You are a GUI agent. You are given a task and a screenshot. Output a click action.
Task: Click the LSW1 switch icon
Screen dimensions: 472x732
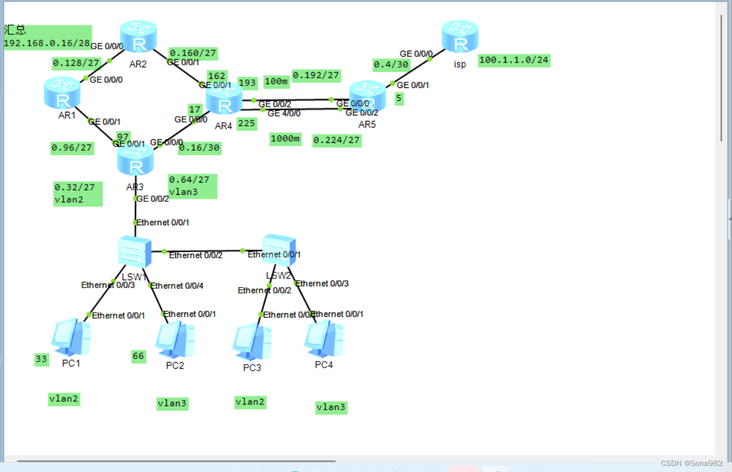tap(134, 251)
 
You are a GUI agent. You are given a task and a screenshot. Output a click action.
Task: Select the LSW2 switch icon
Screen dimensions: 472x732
tap(279, 250)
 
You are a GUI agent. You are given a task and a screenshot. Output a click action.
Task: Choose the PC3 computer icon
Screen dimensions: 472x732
tap(252, 341)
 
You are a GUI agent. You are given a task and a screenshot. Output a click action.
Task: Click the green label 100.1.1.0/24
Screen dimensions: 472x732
tap(514, 60)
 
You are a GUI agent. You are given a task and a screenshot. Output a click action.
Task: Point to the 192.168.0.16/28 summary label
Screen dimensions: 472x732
tap(47, 43)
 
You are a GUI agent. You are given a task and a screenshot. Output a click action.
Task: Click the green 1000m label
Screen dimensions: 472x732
tap(285, 139)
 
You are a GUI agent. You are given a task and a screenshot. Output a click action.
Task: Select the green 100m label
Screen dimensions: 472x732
tap(276, 82)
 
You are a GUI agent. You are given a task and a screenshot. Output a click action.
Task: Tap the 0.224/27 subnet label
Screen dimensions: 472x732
tap(336, 140)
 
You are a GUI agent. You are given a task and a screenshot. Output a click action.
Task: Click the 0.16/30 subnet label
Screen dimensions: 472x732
tap(199, 147)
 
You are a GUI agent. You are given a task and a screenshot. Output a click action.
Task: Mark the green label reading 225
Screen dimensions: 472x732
tap(247, 123)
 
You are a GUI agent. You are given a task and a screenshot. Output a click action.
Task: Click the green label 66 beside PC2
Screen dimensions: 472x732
tap(139, 356)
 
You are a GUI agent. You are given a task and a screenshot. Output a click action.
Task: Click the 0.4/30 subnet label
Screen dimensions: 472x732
tap(390, 65)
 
